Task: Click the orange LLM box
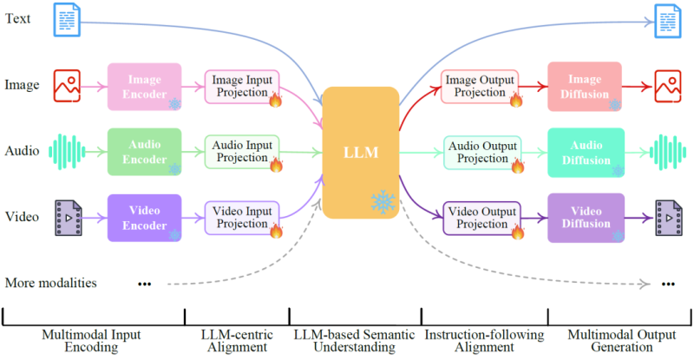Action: (x=360, y=151)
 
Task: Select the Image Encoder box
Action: (x=144, y=86)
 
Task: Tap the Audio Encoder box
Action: (x=144, y=151)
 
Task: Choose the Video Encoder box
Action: (x=144, y=217)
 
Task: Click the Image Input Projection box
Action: (x=240, y=86)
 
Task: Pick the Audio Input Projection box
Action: (x=240, y=152)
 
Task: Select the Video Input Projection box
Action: (x=240, y=218)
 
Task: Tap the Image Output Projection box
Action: (x=480, y=87)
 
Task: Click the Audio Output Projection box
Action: (x=480, y=152)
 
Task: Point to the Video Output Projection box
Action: (x=480, y=219)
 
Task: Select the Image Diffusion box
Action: (x=586, y=87)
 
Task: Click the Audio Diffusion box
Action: (x=586, y=152)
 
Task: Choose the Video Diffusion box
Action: (x=586, y=218)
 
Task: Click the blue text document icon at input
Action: (x=68, y=18)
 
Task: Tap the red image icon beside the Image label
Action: (x=68, y=85)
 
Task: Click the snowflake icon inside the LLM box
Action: (x=383, y=202)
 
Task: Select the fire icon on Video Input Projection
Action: (x=276, y=232)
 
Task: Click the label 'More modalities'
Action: (x=50, y=283)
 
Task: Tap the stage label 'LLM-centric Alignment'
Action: (x=236, y=340)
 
